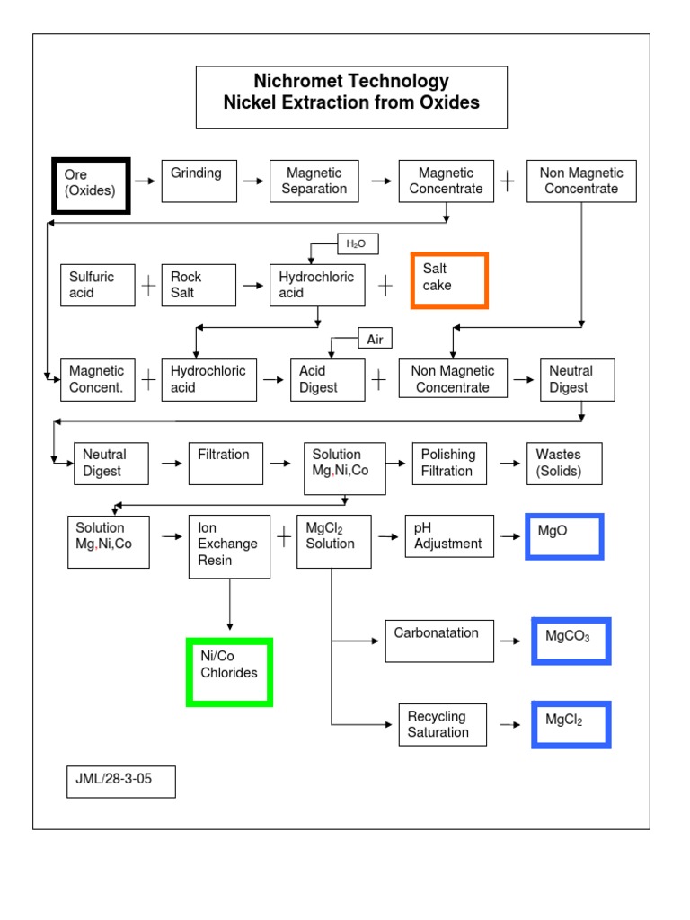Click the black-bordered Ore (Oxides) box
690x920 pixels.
(91, 186)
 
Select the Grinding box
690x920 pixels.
(198, 181)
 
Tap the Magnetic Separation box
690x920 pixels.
(314, 181)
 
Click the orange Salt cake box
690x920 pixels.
(449, 280)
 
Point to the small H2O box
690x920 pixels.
(357, 243)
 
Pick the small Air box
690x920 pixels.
(376, 339)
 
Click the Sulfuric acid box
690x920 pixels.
(99, 285)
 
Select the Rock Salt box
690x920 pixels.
(199, 285)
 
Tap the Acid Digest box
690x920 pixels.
(327, 379)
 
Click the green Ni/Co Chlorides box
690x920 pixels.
(229, 672)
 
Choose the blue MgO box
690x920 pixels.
(564, 536)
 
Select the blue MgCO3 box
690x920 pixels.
(571, 641)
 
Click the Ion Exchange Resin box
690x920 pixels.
(229, 545)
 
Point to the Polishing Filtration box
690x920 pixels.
(449, 464)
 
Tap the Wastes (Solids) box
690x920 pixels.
(564, 464)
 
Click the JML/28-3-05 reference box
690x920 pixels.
(121, 781)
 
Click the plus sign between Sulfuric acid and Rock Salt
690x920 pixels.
(148, 286)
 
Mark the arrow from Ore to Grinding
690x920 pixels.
(145, 181)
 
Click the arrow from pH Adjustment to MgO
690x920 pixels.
(509, 536)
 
